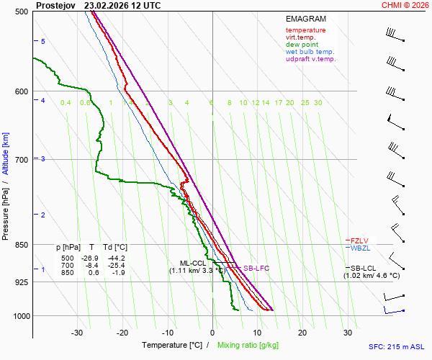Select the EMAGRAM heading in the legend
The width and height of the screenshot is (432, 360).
click(x=306, y=19)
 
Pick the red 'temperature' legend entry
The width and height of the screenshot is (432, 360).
click(x=305, y=30)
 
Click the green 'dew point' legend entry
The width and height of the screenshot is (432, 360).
click(x=302, y=45)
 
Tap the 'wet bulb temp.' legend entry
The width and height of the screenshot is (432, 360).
click(x=310, y=52)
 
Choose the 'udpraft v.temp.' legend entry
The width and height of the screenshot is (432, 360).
click(x=310, y=59)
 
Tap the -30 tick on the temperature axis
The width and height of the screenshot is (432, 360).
click(x=77, y=333)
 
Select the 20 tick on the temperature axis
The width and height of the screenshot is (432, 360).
click(x=302, y=333)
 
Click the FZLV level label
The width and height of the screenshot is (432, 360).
click(x=359, y=240)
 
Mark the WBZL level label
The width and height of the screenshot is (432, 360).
click(x=360, y=248)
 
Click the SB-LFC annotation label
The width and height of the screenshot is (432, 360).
click(x=256, y=269)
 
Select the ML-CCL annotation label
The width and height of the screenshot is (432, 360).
click(x=193, y=263)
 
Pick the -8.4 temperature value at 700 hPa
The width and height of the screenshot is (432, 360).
click(x=91, y=265)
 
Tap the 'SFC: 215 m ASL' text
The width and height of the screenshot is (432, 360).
click(x=395, y=346)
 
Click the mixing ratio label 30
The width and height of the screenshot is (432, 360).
click(x=318, y=103)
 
